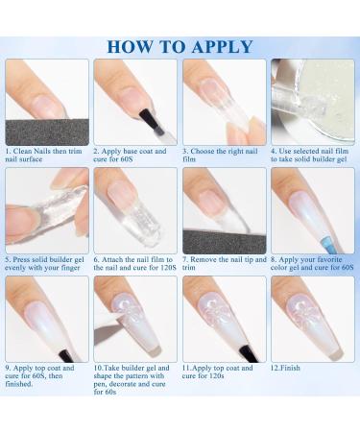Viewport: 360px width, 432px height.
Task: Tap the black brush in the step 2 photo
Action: click(151, 121)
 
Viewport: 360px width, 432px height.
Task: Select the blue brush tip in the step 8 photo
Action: click(326, 243)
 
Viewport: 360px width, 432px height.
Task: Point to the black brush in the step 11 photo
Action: click(249, 353)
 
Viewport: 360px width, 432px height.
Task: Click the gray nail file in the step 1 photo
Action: click(47, 132)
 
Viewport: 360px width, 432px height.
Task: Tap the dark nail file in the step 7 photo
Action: click(225, 241)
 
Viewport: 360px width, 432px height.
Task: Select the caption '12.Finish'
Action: click(285, 368)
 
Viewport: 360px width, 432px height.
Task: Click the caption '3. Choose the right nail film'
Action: click(220, 155)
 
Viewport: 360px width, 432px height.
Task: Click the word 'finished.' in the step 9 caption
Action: click(19, 383)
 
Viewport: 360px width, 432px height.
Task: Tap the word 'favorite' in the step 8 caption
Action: click(326, 259)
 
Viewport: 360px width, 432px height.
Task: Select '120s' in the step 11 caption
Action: click(216, 375)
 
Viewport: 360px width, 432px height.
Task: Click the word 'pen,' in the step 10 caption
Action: click(101, 384)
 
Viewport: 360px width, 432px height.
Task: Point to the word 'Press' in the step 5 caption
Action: click(21, 259)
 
